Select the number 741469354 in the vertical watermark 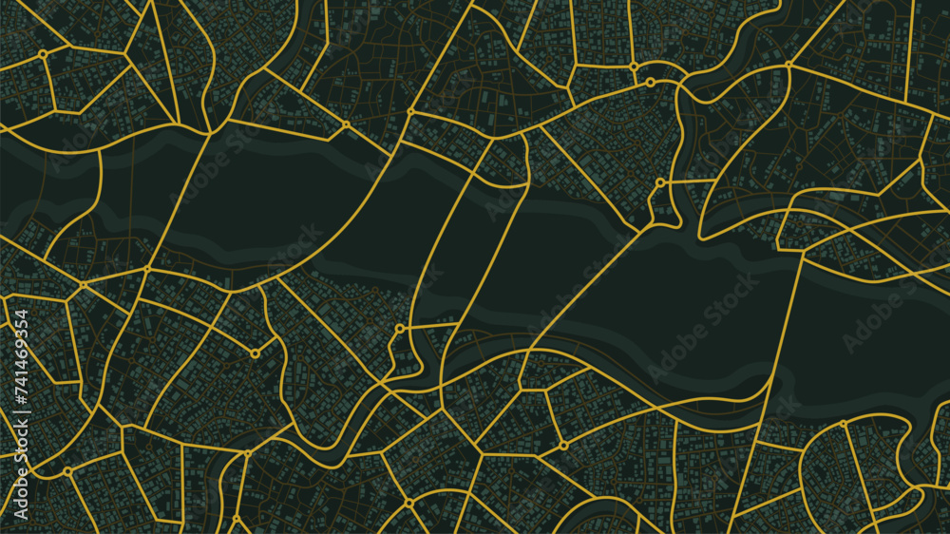pos(19,361)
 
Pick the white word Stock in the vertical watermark pos(19,460)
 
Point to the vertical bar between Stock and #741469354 pos(19,431)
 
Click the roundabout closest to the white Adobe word pos(68,470)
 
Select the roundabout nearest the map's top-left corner pos(43,55)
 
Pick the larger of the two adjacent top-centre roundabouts pos(634,67)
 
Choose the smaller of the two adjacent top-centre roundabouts pos(650,83)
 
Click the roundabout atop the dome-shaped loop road pos(844,424)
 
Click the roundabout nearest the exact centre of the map pos(400,329)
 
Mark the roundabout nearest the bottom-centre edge pos(408,502)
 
